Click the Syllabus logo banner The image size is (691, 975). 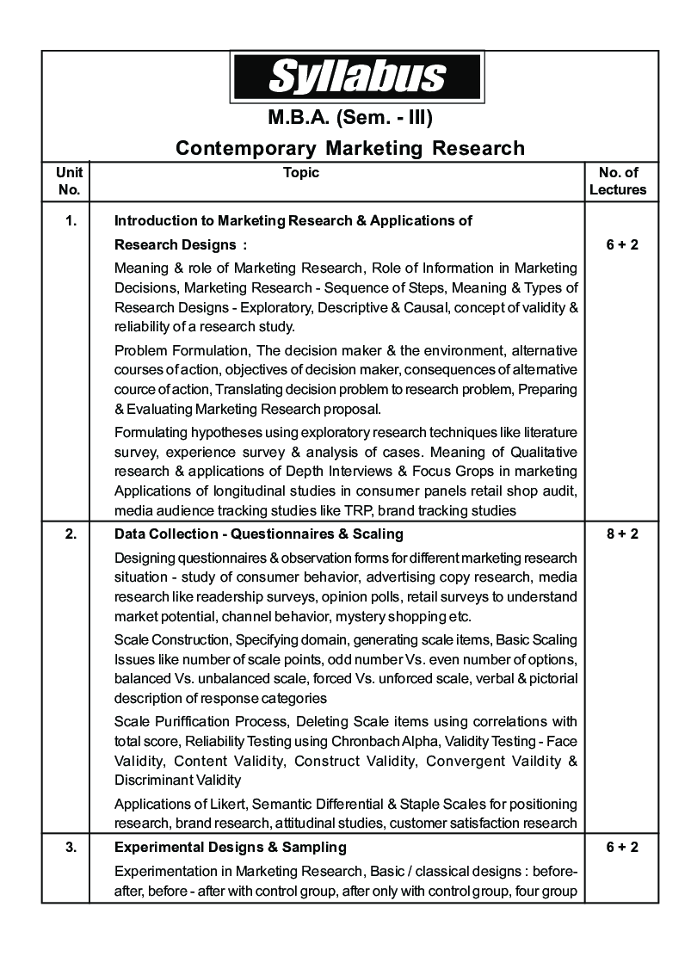tap(356, 77)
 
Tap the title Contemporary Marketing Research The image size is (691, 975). tap(349, 148)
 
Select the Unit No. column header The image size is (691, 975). tap(68, 181)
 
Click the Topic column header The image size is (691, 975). tap(301, 172)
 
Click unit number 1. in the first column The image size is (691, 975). tap(71, 220)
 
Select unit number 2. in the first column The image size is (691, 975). tap(71, 534)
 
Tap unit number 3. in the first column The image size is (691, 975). tap(71, 848)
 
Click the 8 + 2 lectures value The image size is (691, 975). tap(621, 534)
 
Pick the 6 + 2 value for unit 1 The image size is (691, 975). tap(621, 244)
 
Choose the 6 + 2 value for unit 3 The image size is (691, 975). tap(621, 848)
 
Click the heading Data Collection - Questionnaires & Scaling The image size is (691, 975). tap(258, 534)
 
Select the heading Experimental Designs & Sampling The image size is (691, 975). tap(230, 848)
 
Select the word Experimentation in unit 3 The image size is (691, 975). tap(164, 870)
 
